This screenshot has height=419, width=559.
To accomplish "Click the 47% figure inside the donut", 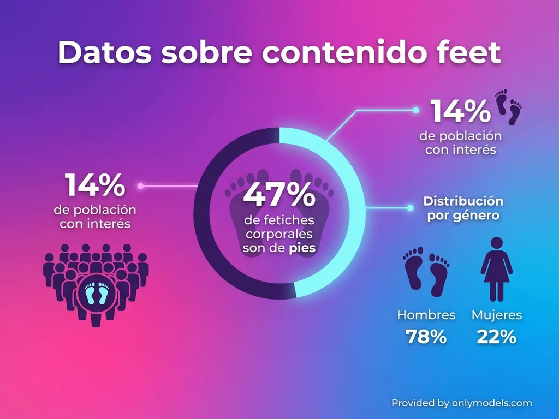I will coord(279,195).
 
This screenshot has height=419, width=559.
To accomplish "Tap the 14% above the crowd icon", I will coord(95,185).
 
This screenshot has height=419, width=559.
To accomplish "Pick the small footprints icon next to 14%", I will coord(508,107).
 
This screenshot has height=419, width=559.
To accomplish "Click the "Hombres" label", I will coord(426,315).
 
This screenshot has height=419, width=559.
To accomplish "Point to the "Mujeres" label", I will coord(496,315).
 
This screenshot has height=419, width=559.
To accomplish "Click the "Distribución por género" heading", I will coord(463,208).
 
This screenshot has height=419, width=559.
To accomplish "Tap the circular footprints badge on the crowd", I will coord(96,294).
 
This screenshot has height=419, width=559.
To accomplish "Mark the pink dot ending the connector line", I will coord(141,186).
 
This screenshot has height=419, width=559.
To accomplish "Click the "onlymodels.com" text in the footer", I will coord(491,403).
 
